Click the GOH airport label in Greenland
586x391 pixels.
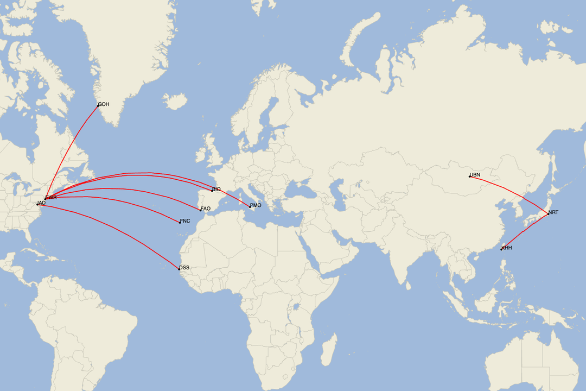(104, 104)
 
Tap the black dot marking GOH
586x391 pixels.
(98, 106)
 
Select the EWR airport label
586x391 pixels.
(52, 198)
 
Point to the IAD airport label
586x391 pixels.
(42, 203)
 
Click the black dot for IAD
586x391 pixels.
(37, 204)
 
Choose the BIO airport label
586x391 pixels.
(216, 189)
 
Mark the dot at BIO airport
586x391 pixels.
(212, 191)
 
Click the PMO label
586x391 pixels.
(256, 205)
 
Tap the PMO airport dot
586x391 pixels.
(250, 206)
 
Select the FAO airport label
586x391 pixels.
(206, 209)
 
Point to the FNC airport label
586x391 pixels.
(185, 221)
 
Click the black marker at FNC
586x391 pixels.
(180, 223)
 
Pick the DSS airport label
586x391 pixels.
(184, 268)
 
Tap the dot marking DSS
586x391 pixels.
(180, 269)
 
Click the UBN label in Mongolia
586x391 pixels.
(475, 175)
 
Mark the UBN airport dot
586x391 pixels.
(470, 176)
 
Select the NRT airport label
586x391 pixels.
(553, 212)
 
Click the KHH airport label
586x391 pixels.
(507, 248)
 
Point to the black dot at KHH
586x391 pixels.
(501, 249)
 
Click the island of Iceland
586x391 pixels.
(175, 101)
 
